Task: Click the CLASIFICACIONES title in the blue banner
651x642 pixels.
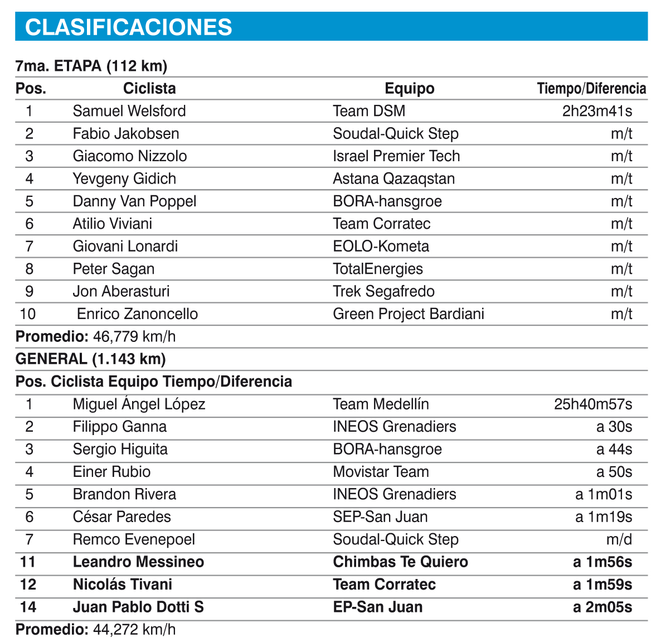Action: [x=129, y=27]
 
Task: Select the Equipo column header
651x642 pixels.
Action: [x=409, y=88]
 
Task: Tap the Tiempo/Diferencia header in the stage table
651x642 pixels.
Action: [x=591, y=88]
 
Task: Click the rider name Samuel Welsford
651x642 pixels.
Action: [x=129, y=110]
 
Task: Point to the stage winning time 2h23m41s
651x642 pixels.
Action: [x=597, y=110]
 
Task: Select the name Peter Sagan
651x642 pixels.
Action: [x=114, y=269]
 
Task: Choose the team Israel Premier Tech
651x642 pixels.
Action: [x=396, y=156]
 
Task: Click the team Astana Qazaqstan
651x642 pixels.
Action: [x=393, y=178]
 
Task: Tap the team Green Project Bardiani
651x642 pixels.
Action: [x=409, y=314]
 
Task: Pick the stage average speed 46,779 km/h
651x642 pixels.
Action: [x=128, y=337]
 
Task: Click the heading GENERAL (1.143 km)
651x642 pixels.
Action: [x=91, y=359]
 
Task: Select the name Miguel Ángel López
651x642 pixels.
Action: [x=139, y=404]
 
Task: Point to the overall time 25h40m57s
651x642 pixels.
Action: [x=593, y=404]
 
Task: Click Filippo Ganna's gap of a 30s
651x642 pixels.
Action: [x=614, y=427]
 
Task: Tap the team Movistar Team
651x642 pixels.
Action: [x=381, y=472]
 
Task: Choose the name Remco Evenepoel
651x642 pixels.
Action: [x=134, y=539]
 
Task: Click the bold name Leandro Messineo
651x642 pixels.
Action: [x=138, y=562]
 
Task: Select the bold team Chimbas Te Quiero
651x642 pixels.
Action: [x=400, y=562]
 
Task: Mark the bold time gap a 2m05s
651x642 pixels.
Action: [x=603, y=607]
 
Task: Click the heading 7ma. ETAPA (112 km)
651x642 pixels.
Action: [x=91, y=66]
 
